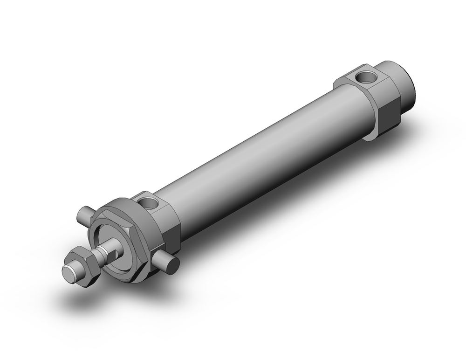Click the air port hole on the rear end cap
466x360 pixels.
[363, 76]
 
